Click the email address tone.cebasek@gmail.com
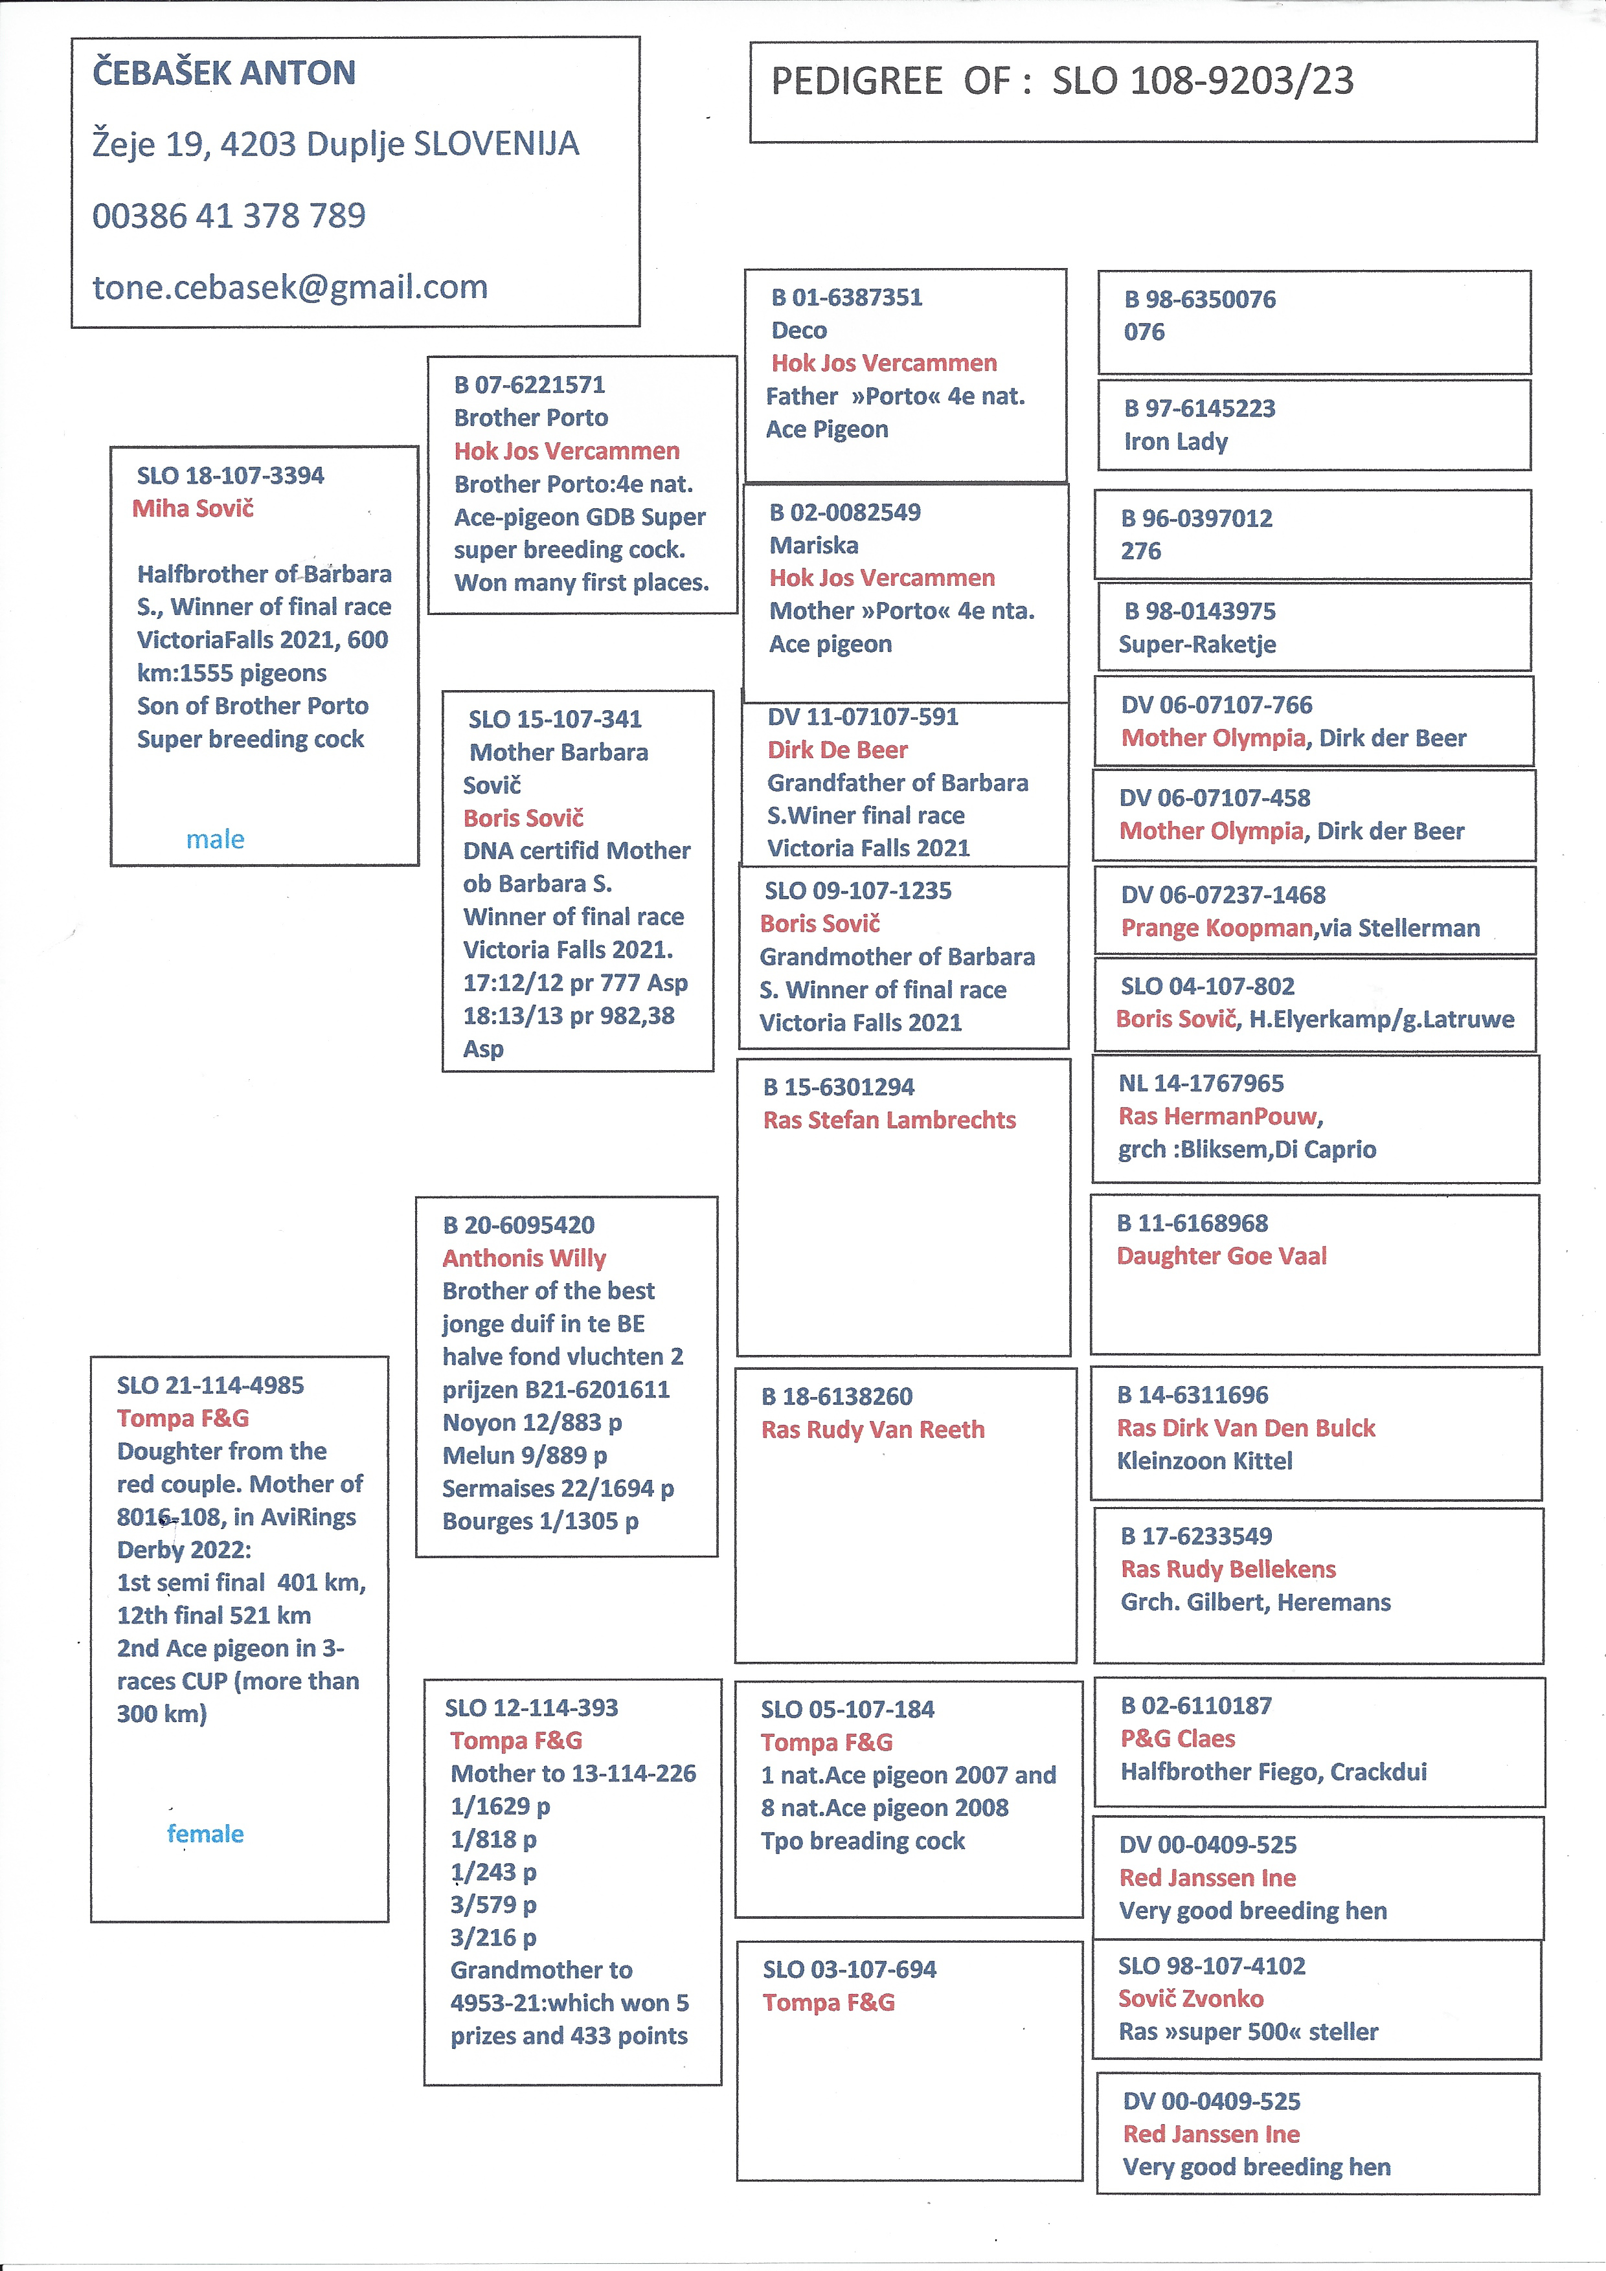click(x=290, y=287)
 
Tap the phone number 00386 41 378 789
click(x=229, y=216)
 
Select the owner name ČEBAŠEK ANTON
click(x=223, y=73)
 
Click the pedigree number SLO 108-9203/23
click(x=1203, y=81)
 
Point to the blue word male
click(x=215, y=840)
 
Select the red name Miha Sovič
click(x=193, y=508)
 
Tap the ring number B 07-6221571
click(x=529, y=385)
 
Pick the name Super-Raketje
click(x=1197, y=644)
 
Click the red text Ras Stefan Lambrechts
click(x=890, y=1120)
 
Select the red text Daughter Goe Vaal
click(x=1222, y=1256)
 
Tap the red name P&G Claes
click(x=1177, y=1739)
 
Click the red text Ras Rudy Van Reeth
click(x=873, y=1429)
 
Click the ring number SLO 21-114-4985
click(x=210, y=1386)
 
